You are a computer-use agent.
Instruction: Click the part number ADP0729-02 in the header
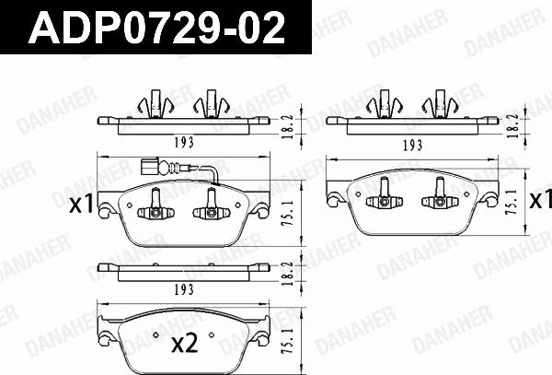tap(156, 28)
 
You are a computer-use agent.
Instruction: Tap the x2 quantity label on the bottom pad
tap(185, 345)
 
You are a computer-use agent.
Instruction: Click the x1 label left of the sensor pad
tap(81, 205)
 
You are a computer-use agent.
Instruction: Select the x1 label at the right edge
tap(541, 200)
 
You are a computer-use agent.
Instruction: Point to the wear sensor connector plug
tap(148, 167)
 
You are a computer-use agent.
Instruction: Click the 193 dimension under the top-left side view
tap(184, 143)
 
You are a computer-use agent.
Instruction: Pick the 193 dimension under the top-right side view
tap(412, 145)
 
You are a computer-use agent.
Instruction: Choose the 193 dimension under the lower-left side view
tap(184, 289)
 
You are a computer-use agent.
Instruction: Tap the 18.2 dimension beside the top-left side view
tap(288, 126)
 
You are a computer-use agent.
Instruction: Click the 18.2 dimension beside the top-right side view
tap(513, 126)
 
